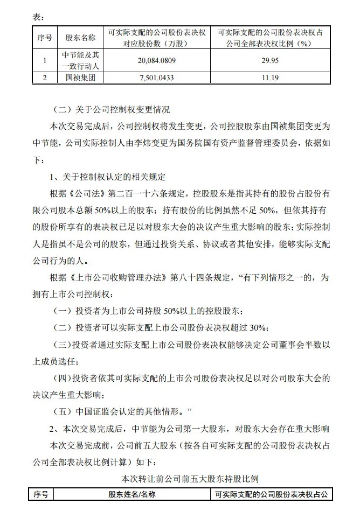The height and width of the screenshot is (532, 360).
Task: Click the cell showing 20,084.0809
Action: pyautogui.click(x=157, y=61)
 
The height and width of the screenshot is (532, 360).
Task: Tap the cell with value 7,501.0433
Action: pyautogui.click(x=157, y=78)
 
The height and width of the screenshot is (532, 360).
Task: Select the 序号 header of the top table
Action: pyautogui.click(x=45, y=38)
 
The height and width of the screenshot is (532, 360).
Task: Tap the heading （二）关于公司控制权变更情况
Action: pyautogui.click(x=112, y=110)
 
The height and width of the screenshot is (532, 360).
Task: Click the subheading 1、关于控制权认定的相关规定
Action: pyautogui.click(x=108, y=177)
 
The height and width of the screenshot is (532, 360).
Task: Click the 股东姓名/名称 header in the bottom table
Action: pyautogui.click(x=131, y=494)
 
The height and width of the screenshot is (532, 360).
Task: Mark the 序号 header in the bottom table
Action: pyautogui.click(x=41, y=494)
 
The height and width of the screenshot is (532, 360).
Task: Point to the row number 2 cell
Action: pyautogui.click(x=45, y=78)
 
